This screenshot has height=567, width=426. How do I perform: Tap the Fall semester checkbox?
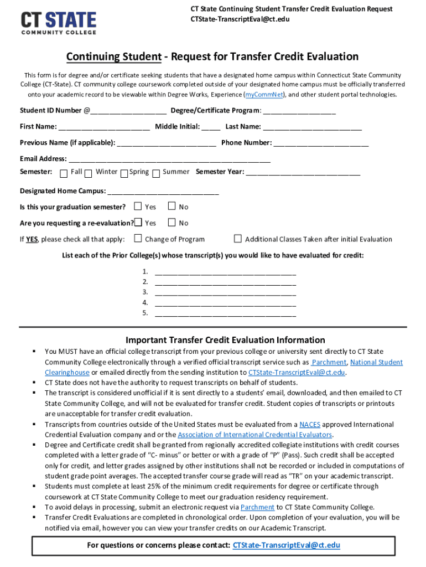click(64, 173)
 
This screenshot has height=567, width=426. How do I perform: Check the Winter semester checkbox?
click(89, 173)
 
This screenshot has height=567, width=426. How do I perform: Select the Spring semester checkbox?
click(124, 173)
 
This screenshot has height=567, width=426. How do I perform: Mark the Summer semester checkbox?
click(156, 173)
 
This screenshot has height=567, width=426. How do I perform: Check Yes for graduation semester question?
click(138, 207)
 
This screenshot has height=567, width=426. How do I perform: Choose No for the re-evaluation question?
click(172, 223)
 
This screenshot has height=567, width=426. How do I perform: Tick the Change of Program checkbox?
click(138, 239)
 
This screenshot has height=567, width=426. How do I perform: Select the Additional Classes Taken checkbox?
click(238, 239)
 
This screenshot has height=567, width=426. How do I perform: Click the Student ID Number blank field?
click(128, 111)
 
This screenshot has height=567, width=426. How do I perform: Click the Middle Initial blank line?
click(211, 127)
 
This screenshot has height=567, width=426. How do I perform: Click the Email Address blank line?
click(169, 159)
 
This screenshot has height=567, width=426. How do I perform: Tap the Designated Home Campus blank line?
click(163, 191)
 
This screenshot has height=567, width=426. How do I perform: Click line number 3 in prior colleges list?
click(225, 292)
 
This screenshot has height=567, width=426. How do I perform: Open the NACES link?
click(309, 425)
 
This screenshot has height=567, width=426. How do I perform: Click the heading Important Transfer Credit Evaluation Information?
click(225, 340)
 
